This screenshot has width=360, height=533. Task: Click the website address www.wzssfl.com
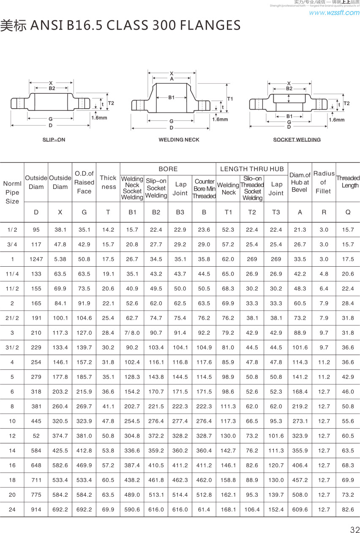point(334,13)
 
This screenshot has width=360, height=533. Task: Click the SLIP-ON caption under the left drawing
point(54,139)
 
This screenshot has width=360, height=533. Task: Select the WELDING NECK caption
point(179,139)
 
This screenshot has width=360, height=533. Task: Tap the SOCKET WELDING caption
point(297,139)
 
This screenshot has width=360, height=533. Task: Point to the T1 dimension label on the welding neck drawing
point(230,98)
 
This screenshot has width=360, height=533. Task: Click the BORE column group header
point(168,169)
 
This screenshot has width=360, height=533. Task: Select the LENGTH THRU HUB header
point(252,169)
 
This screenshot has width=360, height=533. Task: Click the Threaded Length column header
point(348,182)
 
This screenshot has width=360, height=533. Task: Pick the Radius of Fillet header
point(324,182)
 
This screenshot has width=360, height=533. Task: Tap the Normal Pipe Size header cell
point(12,192)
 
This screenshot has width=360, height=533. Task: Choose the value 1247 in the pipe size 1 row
point(36,259)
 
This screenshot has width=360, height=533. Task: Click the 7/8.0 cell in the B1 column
point(132,333)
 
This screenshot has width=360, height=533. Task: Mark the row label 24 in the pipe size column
point(12,510)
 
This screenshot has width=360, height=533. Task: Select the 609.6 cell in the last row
point(300,510)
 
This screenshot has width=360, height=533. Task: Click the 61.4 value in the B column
point(204,510)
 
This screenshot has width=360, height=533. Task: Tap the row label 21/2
point(12,318)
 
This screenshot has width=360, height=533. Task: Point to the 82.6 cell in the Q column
point(348,510)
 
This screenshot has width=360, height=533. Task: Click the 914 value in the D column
point(36,510)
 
